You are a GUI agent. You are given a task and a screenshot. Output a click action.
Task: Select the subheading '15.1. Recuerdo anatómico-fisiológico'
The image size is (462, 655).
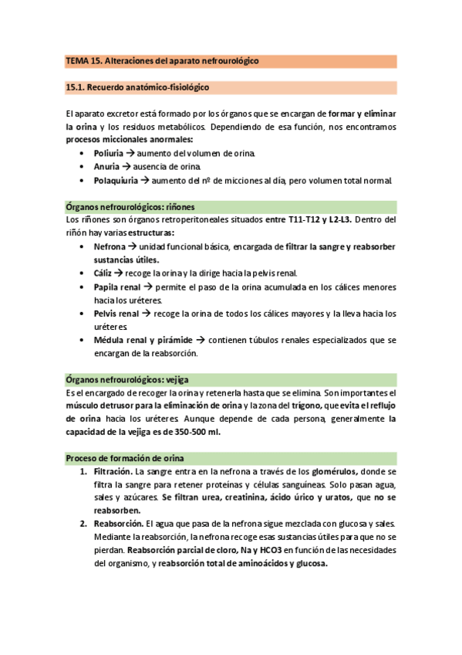137,88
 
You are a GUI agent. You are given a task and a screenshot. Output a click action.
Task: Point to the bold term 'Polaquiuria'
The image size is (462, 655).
115,181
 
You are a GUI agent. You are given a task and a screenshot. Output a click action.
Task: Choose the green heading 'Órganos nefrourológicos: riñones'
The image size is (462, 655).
130,207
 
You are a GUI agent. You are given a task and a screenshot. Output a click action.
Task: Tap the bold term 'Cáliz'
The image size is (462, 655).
104,273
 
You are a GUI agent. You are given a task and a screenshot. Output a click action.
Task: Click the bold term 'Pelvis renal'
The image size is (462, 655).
116,314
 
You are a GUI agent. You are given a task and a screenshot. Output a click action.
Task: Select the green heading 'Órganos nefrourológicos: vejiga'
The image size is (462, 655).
128,379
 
